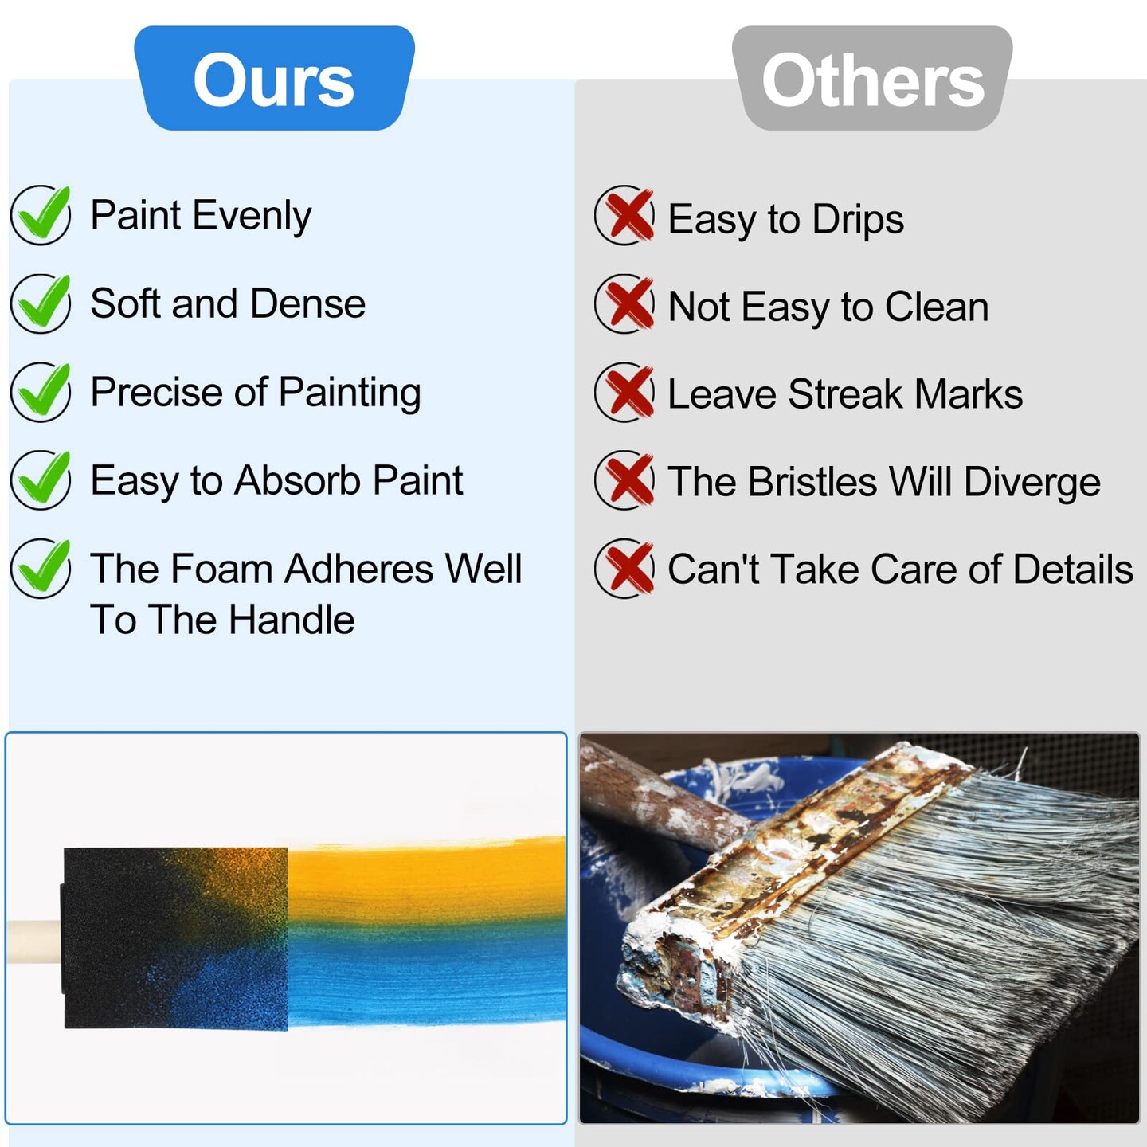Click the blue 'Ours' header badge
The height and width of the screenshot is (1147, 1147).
tap(274, 79)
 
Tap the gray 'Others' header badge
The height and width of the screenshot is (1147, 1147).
tap(872, 79)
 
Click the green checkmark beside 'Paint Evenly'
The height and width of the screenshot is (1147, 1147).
tap(41, 214)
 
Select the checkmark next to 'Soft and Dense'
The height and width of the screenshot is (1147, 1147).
tap(41, 303)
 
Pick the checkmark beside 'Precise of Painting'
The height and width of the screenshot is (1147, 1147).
tap(41, 391)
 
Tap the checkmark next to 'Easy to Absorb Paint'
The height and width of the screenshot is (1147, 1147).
tap(41, 480)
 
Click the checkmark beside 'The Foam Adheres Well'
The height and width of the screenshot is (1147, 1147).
tap(41, 568)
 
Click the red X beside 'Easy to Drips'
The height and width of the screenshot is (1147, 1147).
tap(625, 215)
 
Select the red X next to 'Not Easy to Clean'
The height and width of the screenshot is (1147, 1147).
tap(625, 303)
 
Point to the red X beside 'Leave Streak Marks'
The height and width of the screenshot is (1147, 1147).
tap(625, 392)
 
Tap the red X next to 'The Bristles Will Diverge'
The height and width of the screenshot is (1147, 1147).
tap(625, 480)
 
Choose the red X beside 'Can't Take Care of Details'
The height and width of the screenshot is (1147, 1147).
tap(625, 569)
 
